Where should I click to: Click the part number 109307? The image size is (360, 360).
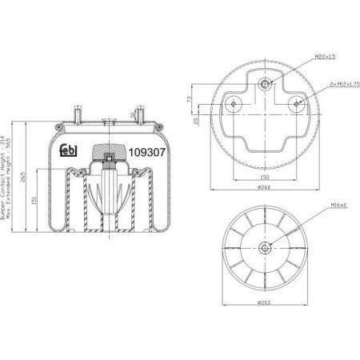(146, 150)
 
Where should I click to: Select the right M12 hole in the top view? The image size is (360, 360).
(296, 102)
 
